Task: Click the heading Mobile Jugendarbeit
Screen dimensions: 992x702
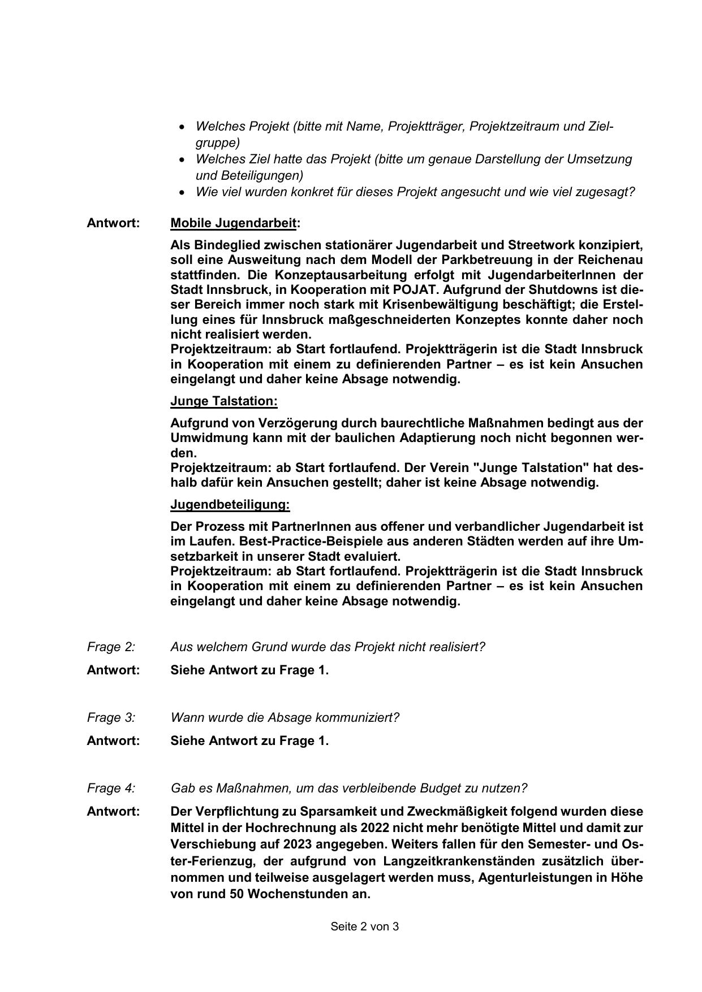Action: (x=233, y=223)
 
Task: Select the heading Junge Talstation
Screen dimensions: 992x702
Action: (x=223, y=401)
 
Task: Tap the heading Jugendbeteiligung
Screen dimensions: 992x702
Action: (x=230, y=505)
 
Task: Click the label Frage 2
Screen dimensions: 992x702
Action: (x=111, y=647)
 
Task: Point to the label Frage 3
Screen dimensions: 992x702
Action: (x=111, y=717)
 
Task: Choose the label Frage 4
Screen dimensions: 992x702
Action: (x=111, y=788)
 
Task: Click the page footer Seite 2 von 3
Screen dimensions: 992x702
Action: (x=365, y=926)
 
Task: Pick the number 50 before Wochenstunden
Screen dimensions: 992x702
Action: (x=236, y=894)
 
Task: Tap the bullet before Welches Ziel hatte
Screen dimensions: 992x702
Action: (x=181, y=160)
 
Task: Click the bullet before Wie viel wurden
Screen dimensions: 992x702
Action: (x=181, y=193)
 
